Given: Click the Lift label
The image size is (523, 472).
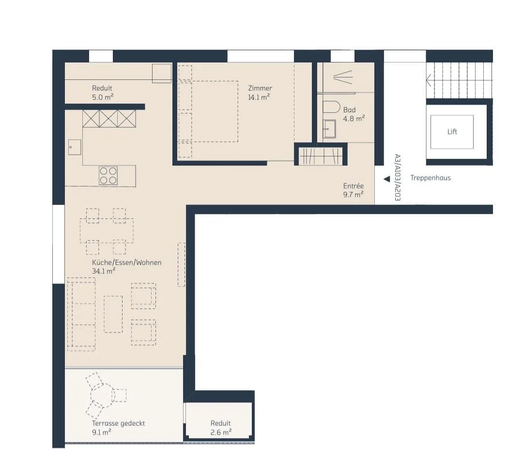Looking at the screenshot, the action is (452, 132).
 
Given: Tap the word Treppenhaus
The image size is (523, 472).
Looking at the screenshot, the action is (431, 178).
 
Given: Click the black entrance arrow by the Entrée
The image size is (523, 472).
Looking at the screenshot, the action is (387, 179).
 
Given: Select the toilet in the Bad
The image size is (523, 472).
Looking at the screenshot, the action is (331, 107).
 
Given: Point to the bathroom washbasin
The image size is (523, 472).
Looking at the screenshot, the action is (329, 129).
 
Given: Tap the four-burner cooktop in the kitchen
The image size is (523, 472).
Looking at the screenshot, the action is (108, 176).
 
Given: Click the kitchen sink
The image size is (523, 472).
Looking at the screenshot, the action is (75, 147).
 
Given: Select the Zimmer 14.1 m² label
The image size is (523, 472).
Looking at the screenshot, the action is (260, 92).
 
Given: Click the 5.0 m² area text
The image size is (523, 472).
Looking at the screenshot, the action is (103, 97).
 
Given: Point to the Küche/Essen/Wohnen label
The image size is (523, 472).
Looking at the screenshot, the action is (127, 263).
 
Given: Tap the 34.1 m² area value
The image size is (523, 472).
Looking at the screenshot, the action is (104, 271).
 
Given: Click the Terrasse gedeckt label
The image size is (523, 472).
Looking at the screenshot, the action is (119, 423).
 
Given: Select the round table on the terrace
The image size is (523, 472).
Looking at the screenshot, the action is (103, 396).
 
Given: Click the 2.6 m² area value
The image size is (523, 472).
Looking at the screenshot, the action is (221, 432).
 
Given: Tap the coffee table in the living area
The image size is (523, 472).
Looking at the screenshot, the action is (113, 314).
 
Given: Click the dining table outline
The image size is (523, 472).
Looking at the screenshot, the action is (107, 230).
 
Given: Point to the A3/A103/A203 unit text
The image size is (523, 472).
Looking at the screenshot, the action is (397, 177).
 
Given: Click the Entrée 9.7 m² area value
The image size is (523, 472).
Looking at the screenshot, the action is (353, 195).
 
